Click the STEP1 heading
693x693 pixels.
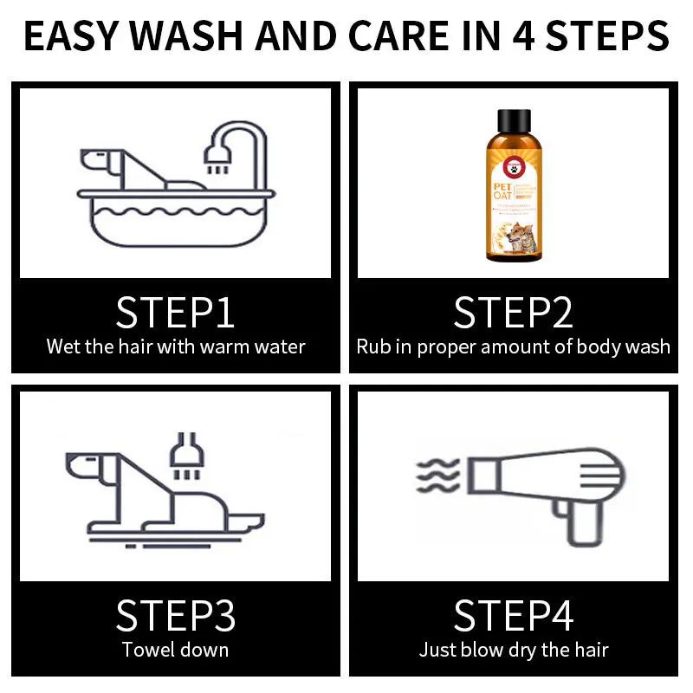point(175,312)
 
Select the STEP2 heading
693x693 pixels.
point(513,312)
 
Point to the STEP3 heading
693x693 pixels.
point(175,615)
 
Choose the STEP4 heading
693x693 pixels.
point(513,615)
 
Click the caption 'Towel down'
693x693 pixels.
point(175,650)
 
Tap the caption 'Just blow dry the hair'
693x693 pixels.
point(513,650)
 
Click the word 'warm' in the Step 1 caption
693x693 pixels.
point(223,347)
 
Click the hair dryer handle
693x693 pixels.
point(586,521)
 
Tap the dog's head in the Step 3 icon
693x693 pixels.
point(87,465)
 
